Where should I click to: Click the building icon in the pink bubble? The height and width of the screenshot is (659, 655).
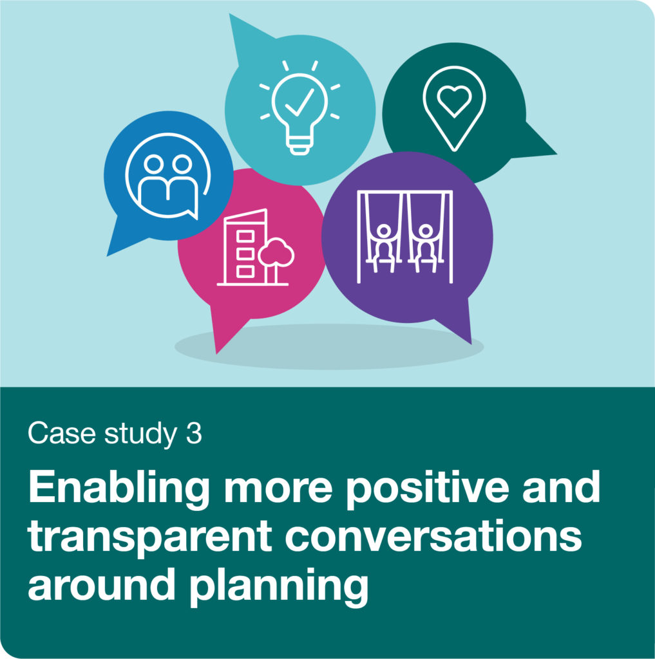pos(245,247)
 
